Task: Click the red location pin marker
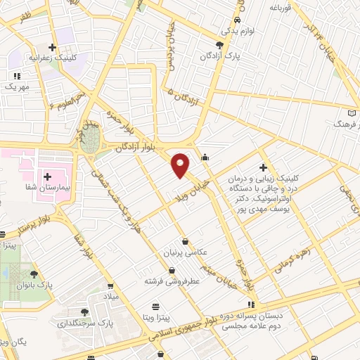coord(181,165)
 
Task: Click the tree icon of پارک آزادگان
coord(219,44)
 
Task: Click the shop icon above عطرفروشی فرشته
coord(172,270)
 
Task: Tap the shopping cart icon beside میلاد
coord(110,286)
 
